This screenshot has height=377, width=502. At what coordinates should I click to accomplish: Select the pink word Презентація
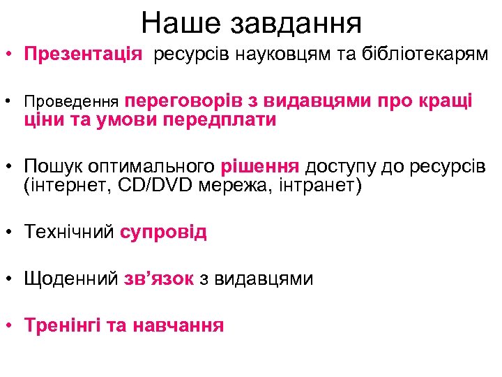(x=83, y=54)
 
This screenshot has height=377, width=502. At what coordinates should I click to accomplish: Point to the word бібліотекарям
(x=424, y=54)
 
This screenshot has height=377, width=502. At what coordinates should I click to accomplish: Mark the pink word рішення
(x=260, y=167)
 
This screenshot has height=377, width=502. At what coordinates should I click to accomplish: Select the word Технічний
(x=68, y=232)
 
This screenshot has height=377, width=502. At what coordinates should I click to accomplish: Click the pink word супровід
(x=163, y=232)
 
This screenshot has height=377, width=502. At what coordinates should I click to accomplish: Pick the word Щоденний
(x=70, y=279)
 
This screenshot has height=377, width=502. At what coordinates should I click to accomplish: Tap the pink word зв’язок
(x=158, y=279)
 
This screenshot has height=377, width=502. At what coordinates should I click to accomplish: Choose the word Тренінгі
(x=63, y=325)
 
